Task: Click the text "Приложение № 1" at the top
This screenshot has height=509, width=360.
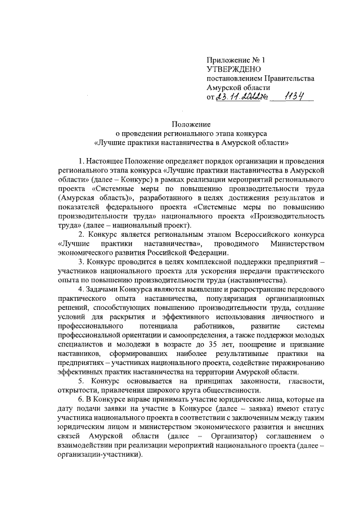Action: (x=235, y=59)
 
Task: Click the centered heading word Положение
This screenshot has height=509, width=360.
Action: (x=191, y=124)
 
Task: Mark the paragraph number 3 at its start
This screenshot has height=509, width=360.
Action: (x=81, y=262)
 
